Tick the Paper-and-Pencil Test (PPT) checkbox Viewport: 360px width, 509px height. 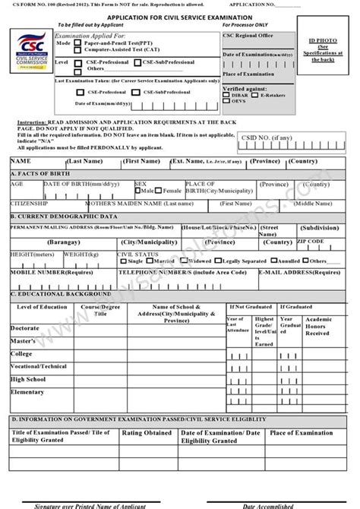tap(78, 44)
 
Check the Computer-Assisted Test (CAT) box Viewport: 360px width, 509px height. tap(78, 51)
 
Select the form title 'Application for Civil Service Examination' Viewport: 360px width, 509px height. tap(179, 15)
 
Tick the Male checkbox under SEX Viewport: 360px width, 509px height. tap(137, 190)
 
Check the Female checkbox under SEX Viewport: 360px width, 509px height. tap(160, 190)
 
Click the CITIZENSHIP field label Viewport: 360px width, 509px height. tap(29, 204)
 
